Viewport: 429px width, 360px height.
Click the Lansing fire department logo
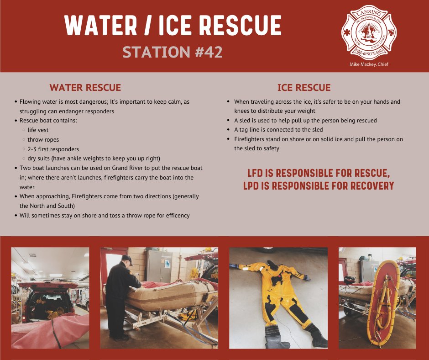[x=369, y=32]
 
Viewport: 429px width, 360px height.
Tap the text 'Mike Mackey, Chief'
[x=369, y=64]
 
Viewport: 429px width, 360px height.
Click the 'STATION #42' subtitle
[x=173, y=52]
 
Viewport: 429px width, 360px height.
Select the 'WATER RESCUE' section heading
[x=85, y=88]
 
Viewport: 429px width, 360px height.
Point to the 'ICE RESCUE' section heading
[x=304, y=88]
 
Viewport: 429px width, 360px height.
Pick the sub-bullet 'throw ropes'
[x=43, y=140]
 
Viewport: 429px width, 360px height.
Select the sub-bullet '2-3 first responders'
[x=53, y=149]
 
